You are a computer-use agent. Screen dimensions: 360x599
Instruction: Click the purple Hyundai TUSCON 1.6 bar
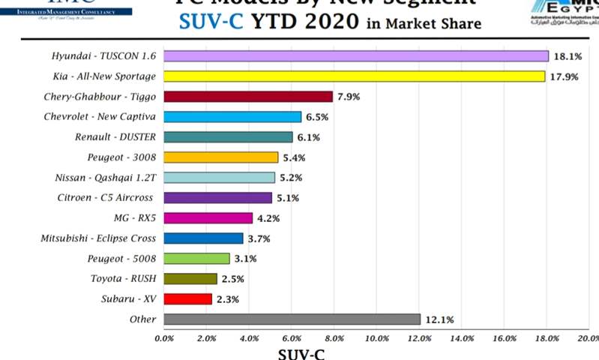pos(356,56)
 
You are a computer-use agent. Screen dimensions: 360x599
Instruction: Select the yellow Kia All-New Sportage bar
pos(354,76)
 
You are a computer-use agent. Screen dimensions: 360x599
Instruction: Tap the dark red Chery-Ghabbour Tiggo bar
pos(247,97)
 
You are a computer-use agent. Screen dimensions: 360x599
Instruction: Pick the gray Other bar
pos(292,319)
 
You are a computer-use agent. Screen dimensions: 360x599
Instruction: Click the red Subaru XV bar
pos(187,299)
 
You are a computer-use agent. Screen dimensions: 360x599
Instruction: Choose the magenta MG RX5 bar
pos(208,218)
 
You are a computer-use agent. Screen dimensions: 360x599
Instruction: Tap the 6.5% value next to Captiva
pos(317,117)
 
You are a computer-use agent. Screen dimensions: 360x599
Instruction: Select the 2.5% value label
pos(232,279)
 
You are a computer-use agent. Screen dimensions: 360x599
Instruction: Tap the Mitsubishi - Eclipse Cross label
pos(98,238)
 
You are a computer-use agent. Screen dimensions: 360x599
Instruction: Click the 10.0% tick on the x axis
pos(377,338)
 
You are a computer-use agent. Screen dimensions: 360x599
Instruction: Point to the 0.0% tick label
pos(163,338)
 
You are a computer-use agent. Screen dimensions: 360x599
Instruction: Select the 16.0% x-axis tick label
pos(505,338)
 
